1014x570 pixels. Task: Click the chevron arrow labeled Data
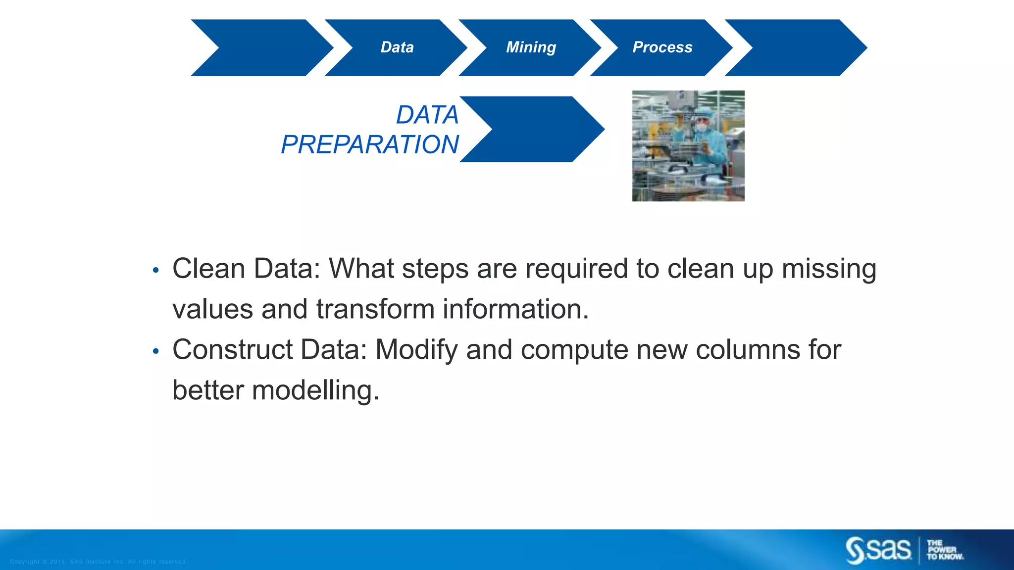click(x=396, y=47)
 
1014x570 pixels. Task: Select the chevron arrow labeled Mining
click(x=531, y=47)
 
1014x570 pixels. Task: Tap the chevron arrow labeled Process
click(x=662, y=47)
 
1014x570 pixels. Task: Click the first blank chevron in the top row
click(x=262, y=47)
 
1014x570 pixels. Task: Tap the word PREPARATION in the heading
click(x=370, y=144)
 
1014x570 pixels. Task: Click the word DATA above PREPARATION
click(x=427, y=115)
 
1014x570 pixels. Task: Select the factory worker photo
click(x=688, y=146)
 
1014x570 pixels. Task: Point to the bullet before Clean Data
click(x=156, y=270)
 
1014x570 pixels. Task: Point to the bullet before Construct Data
click(x=156, y=351)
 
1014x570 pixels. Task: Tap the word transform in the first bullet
click(x=375, y=309)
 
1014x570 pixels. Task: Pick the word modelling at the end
click(x=315, y=390)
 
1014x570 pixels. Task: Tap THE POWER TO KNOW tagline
click(x=945, y=550)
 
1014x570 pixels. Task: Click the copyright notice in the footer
click(x=98, y=562)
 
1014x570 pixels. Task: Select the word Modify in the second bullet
click(x=416, y=350)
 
